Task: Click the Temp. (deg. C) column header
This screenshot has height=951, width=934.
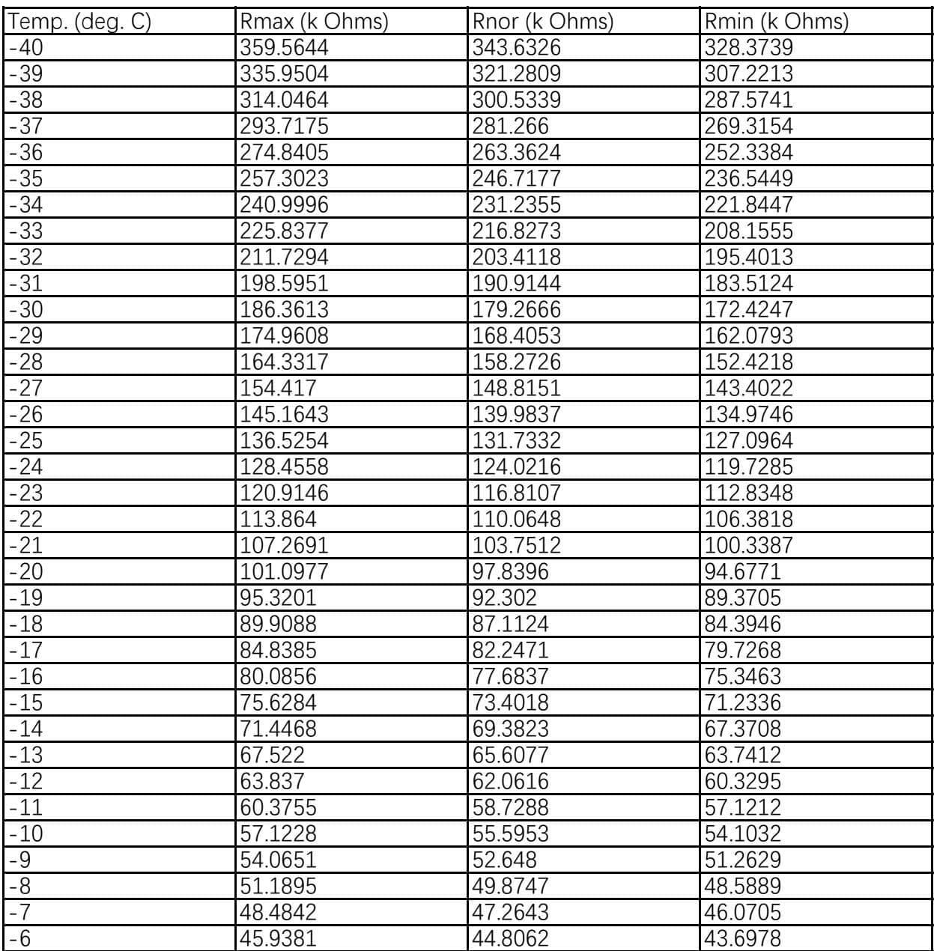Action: click(x=79, y=22)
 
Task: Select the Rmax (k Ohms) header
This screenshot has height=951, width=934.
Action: click(x=314, y=22)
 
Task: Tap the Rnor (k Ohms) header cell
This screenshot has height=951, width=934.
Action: click(x=543, y=22)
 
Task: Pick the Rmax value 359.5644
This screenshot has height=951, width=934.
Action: click(x=284, y=49)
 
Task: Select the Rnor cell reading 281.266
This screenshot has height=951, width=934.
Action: click(x=510, y=127)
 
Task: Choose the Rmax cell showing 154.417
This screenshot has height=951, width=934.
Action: click(x=278, y=389)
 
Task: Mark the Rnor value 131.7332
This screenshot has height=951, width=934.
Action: click(x=516, y=441)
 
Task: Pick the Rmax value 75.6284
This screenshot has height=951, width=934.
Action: click(x=278, y=703)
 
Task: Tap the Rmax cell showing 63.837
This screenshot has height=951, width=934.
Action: click(x=272, y=782)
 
